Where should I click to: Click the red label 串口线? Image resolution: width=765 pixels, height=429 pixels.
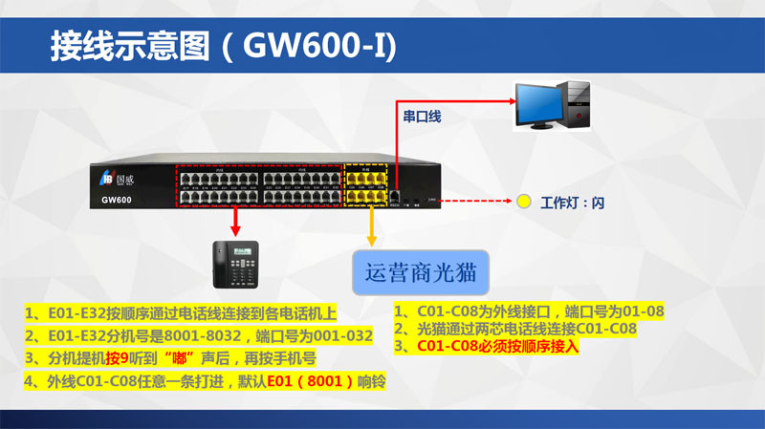coord(422,116)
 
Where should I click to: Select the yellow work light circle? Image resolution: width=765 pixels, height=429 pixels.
coord(523,203)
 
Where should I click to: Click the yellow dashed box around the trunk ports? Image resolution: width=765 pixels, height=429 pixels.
coord(366,184)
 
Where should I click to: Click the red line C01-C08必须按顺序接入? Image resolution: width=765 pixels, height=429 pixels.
coord(493,346)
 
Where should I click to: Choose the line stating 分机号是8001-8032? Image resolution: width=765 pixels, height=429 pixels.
coord(197,335)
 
